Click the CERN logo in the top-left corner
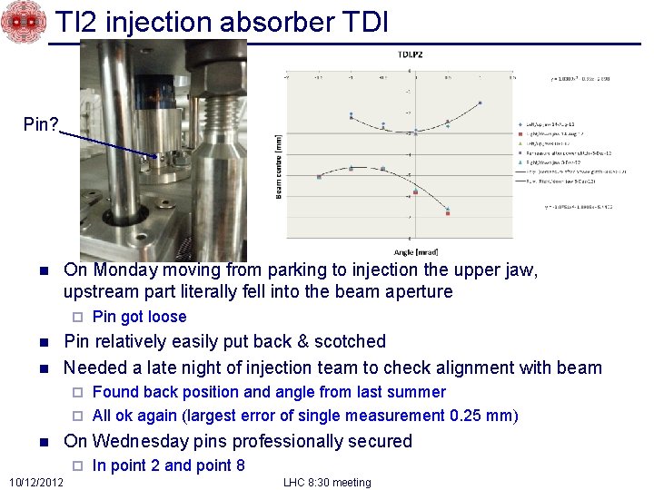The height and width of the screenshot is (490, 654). [x=22, y=23]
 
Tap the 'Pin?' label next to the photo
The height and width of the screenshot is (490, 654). [x=41, y=122]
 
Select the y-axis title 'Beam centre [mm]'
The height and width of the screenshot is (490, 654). [x=279, y=168]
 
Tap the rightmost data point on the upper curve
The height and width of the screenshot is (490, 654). [x=481, y=103]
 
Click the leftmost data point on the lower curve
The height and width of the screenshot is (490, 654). [x=319, y=177]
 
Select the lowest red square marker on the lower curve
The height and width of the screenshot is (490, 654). [x=448, y=214]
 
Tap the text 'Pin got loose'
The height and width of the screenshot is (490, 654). [x=139, y=317]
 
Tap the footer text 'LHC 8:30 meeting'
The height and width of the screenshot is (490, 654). [x=327, y=482]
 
